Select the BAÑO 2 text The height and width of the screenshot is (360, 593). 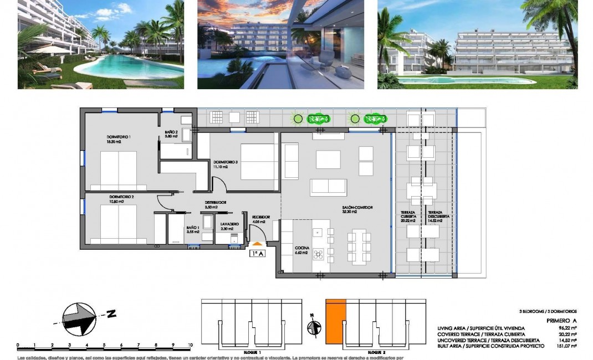(171, 133)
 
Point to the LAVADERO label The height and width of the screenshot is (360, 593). (229, 224)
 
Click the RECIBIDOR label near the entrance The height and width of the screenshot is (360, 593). (261, 217)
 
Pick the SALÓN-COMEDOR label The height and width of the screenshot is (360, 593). (357, 208)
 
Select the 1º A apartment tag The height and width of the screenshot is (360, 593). (257, 254)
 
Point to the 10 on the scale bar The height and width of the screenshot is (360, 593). (190, 345)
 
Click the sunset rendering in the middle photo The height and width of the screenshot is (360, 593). (280, 44)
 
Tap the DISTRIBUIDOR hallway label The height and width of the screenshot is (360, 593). (216, 203)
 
